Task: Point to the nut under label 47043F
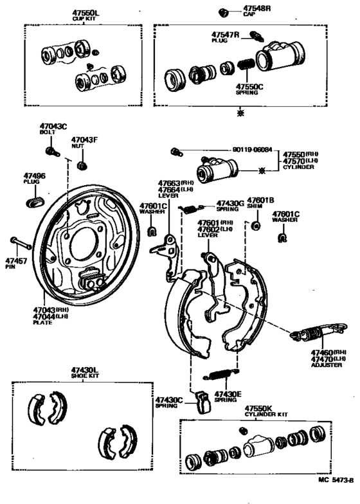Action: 81,166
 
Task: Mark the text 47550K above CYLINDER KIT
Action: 258,409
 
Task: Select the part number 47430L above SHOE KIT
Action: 85,370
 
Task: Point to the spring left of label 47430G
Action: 190,206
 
